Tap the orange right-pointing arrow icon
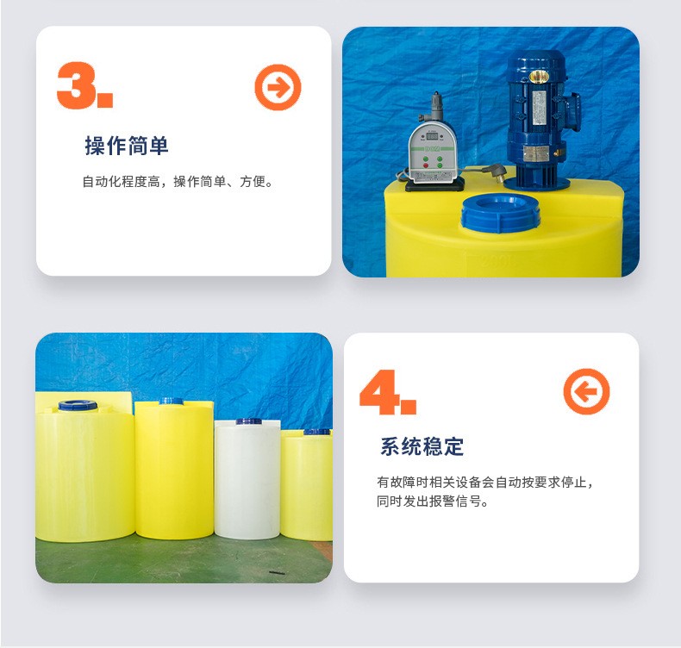(278, 87)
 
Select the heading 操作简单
(127, 146)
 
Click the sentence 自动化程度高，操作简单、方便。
(178, 182)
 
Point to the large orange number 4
(378, 391)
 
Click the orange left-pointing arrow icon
(586, 391)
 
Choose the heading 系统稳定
(422, 446)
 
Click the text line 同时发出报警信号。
(433, 502)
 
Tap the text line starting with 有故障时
(485, 483)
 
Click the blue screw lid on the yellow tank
(501, 212)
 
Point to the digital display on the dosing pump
(432, 136)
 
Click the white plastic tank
(247, 480)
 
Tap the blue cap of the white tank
(249, 421)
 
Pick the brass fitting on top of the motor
(539, 78)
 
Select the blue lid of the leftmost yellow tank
(78, 405)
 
